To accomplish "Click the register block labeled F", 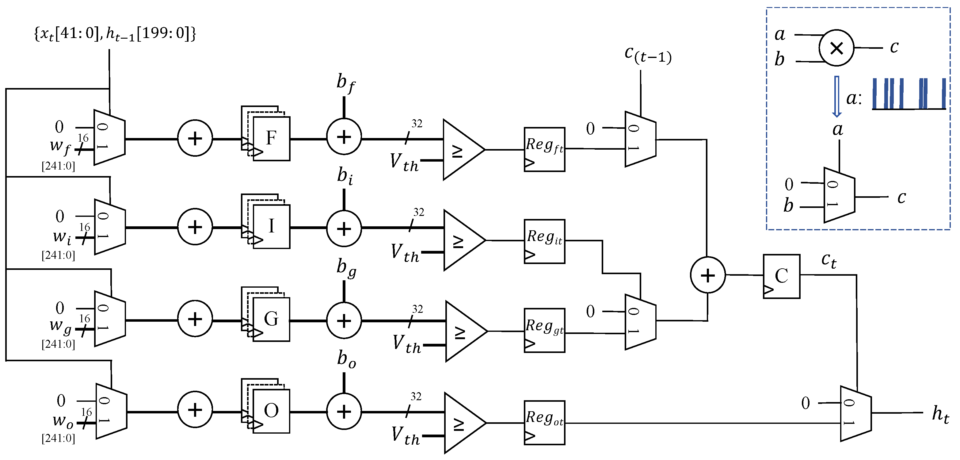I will pyautogui.click(x=271, y=138).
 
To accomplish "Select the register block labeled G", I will pyautogui.click(x=271, y=319).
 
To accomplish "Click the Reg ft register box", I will pyautogui.click(x=544, y=149).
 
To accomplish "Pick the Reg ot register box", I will pyautogui.click(x=544, y=422).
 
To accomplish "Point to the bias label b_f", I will pyautogui.click(x=345, y=83).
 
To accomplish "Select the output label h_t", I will pyautogui.click(x=940, y=414).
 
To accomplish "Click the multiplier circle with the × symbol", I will pyautogui.click(x=836, y=48).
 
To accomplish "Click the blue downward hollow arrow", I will pyautogui.click(x=837, y=96).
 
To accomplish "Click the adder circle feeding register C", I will pyautogui.click(x=707, y=275).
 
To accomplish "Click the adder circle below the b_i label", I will pyautogui.click(x=344, y=228).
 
